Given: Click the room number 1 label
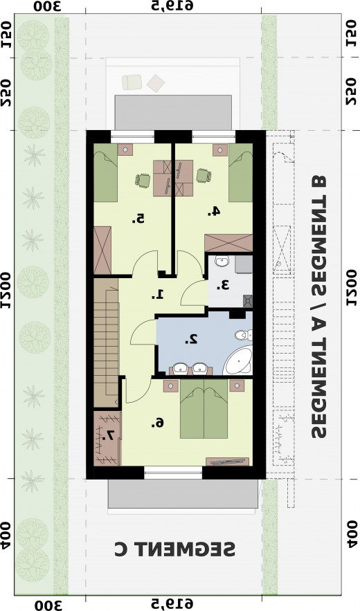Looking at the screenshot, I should pos(158,294).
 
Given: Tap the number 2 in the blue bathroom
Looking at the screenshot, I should pos(192,339).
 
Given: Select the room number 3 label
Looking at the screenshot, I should pos(222,284).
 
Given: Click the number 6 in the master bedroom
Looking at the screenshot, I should pos(159,422).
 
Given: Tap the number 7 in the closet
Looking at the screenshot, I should pos(109,437).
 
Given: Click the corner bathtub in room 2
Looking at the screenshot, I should pos(240,362).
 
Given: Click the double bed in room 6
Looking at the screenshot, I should pos(204,412).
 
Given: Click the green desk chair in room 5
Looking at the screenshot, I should pos(143,180).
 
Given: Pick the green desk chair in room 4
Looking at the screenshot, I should pos(203,176).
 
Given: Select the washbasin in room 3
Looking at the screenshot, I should pos(222,262).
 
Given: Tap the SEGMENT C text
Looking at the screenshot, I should pos(174,549).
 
